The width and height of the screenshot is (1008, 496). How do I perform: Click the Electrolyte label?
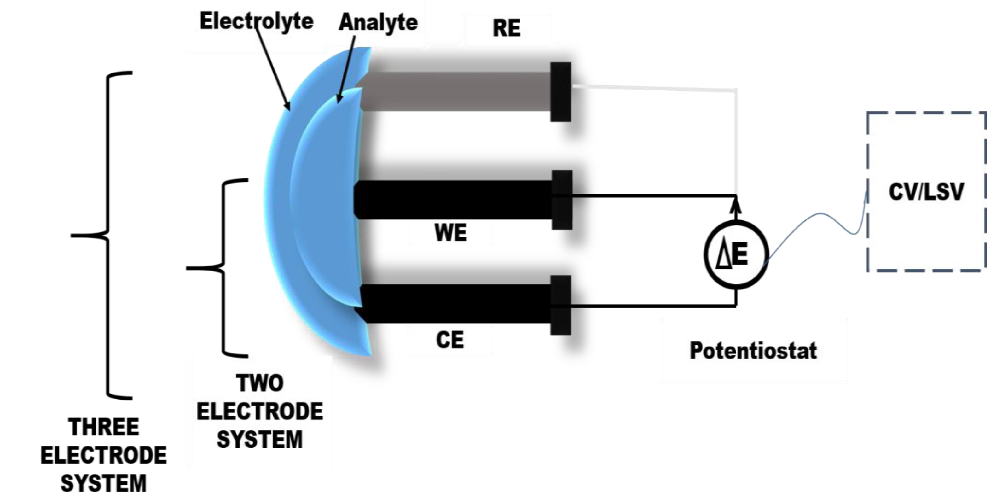(x=256, y=21)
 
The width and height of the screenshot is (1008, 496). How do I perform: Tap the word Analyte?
(x=378, y=22)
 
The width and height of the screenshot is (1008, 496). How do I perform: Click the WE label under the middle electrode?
(x=450, y=233)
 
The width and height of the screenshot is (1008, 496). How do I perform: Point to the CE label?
(x=449, y=340)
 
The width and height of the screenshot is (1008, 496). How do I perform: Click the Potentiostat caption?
(x=753, y=351)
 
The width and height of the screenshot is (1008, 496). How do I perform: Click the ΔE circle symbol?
(x=736, y=254)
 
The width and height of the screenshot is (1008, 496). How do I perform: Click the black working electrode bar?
(x=454, y=200)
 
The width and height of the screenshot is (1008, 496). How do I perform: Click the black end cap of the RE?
(x=560, y=92)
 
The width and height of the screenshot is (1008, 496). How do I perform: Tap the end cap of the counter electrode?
(x=560, y=305)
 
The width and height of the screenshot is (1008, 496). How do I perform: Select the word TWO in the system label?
(x=260, y=383)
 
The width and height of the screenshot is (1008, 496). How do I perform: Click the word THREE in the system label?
(x=104, y=427)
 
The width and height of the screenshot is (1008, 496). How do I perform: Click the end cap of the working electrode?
(x=562, y=200)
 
